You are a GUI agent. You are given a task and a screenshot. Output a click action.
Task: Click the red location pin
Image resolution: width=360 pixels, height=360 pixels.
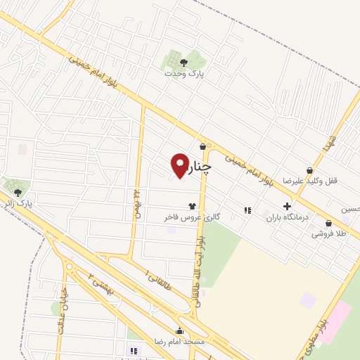pyautogui.click(x=180, y=166)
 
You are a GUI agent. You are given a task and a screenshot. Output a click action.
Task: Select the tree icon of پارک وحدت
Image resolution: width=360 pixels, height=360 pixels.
pyautogui.click(x=184, y=62)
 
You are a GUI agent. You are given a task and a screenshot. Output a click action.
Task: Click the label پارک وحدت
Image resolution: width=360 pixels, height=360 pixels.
pyautogui.click(x=184, y=73)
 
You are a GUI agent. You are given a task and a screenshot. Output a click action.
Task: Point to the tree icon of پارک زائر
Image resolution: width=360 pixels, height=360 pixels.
pyautogui.click(x=18, y=192)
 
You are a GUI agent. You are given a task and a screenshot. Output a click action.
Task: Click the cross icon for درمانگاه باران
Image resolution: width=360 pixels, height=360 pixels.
pyautogui.click(x=287, y=206)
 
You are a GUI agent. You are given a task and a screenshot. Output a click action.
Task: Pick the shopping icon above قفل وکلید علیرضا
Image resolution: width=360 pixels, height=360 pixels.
pyautogui.click(x=309, y=169)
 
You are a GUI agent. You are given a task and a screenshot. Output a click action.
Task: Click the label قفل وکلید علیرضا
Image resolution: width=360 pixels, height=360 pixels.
pyautogui.click(x=310, y=181)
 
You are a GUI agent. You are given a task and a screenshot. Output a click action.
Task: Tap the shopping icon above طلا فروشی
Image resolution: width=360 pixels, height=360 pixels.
pyautogui.click(x=327, y=221)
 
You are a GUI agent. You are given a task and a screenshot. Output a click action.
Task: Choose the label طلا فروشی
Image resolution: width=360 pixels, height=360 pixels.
pyautogui.click(x=327, y=233)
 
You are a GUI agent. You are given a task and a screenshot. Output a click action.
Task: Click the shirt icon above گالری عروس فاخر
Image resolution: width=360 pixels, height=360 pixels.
pyautogui.click(x=192, y=207)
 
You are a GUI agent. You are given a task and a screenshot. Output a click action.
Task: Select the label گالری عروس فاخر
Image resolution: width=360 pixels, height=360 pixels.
pyautogui.click(x=193, y=218)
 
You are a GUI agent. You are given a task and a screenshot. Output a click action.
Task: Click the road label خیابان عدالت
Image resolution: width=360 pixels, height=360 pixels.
pyautogui.click(x=62, y=310)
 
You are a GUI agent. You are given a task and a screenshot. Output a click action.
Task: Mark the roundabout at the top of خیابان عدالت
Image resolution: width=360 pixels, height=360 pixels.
pyautogui.click(x=69, y=266)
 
